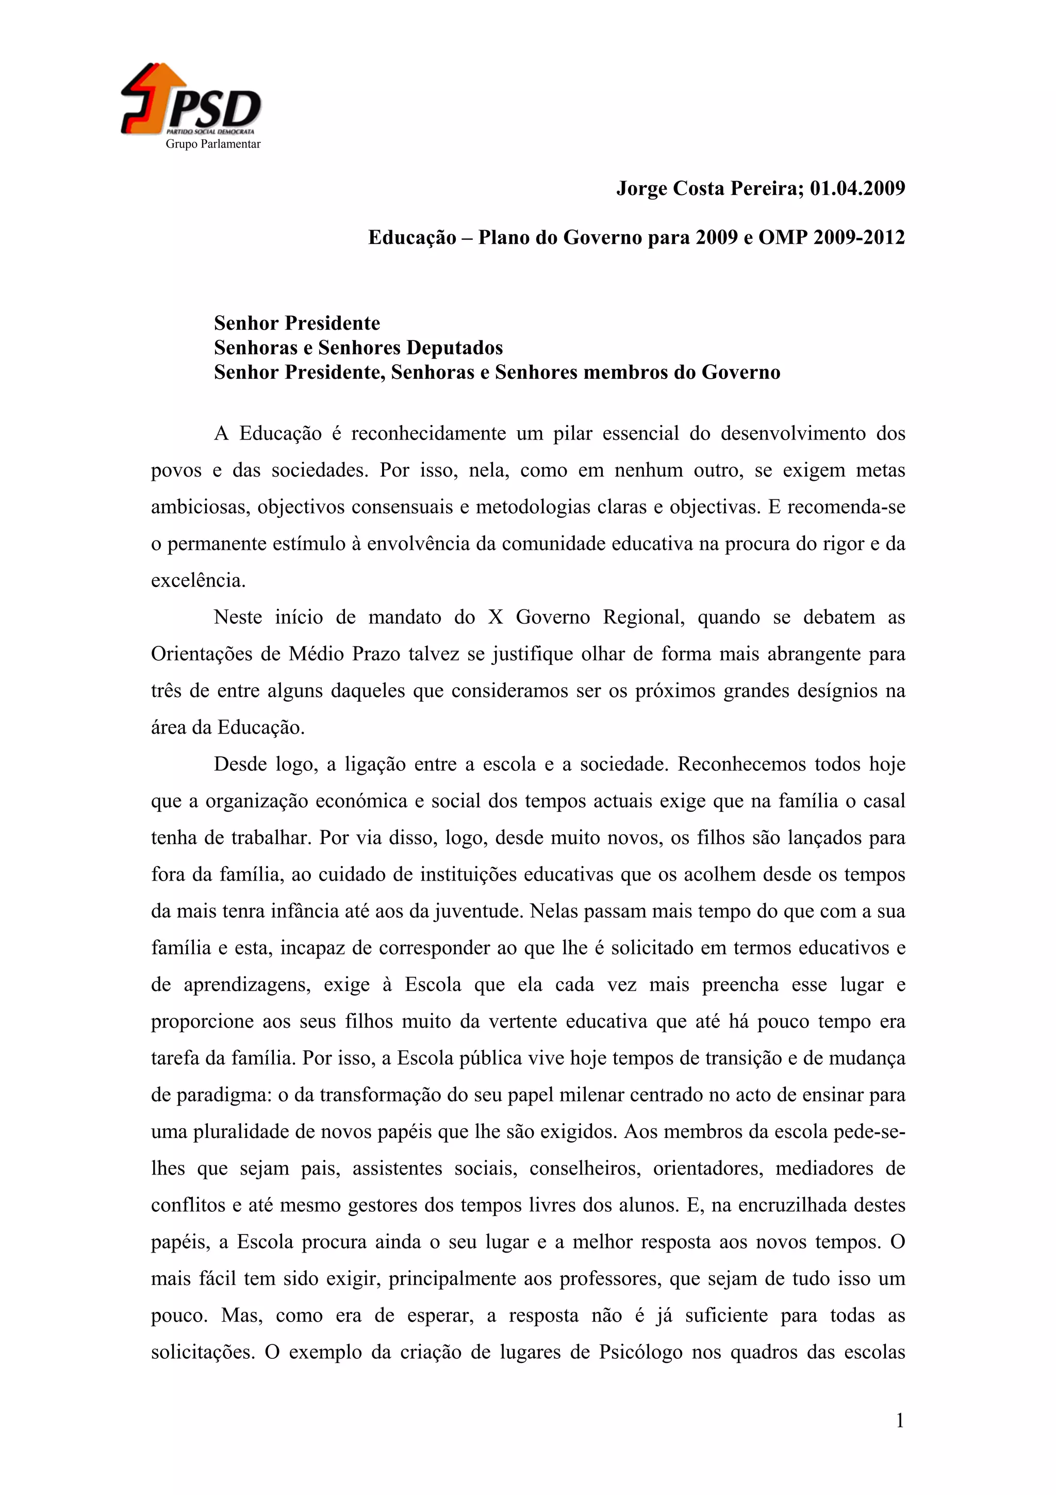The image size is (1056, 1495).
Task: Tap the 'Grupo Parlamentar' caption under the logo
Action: (x=213, y=144)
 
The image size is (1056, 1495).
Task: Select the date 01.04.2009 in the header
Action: (x=857, y=189)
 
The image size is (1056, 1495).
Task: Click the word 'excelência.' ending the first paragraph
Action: (x=199, y=581)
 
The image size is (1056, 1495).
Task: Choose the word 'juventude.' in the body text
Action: (x=477, y=912)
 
